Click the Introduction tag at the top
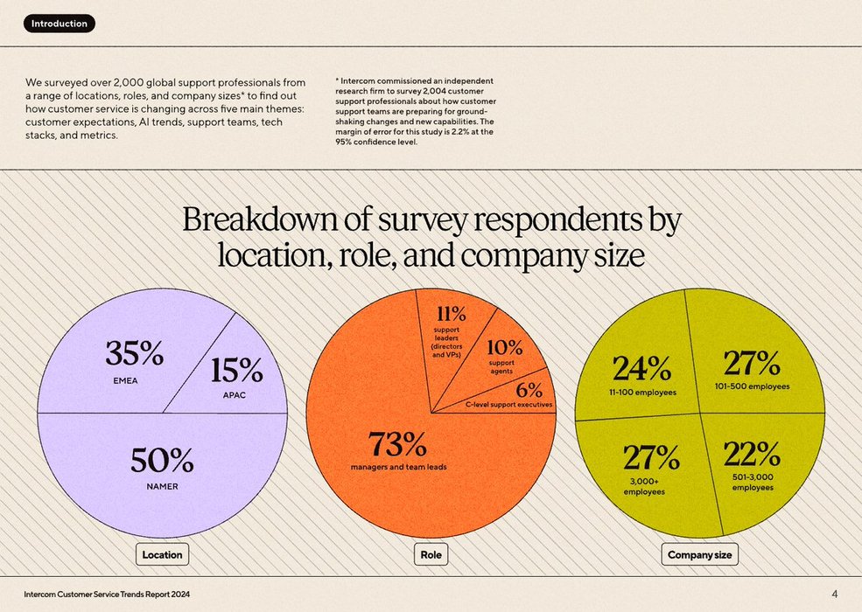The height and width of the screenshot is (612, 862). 60,24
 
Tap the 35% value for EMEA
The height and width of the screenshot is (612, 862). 134,353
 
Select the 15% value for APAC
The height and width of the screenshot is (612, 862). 236,371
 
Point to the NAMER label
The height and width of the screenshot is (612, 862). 162,486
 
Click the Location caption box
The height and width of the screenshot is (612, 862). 163,554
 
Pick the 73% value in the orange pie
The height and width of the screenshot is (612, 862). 397,444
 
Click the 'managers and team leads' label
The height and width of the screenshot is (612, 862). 398,467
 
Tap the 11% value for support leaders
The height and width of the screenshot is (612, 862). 452,314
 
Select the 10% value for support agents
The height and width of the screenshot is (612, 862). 504,347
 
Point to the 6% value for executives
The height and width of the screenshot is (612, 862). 529,390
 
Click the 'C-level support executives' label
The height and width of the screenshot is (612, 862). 508,405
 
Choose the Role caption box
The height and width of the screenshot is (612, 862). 431,554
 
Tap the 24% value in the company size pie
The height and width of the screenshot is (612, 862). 641,368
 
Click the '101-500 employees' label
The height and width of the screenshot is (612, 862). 752,386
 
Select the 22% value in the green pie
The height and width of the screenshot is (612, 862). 752,454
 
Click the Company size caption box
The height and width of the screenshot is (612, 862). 700,554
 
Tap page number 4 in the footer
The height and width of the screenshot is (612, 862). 834,595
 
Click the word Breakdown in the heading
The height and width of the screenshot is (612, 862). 244,219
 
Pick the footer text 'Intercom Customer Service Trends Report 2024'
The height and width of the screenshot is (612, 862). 107,595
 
